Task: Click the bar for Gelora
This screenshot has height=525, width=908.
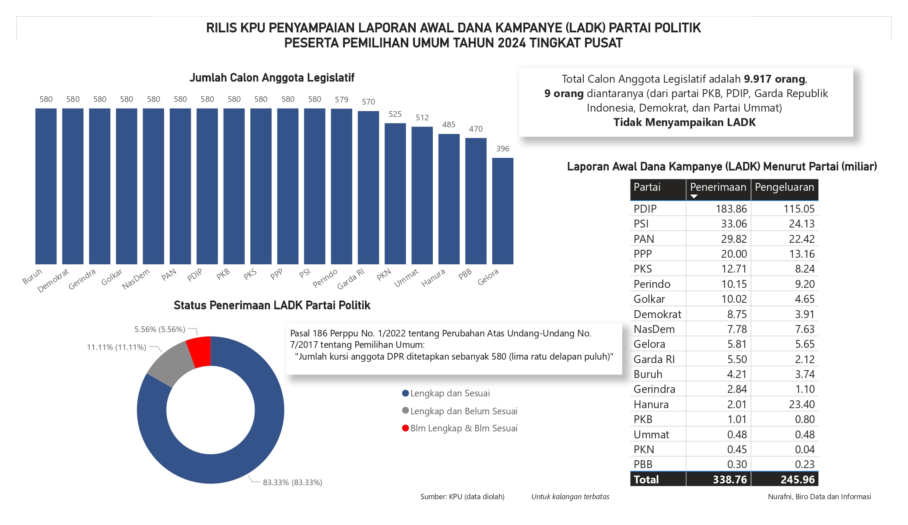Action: pos(502,211)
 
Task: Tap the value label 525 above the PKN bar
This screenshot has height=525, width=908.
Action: pos(395,114)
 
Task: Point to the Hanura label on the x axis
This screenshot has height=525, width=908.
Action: pos(433,278)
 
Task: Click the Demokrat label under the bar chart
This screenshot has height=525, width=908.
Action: pos(53,280)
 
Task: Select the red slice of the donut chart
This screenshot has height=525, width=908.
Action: pos(200,351)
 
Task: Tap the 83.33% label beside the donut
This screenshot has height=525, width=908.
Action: pos(292,482)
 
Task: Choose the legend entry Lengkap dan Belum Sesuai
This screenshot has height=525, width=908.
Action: pos(463,411)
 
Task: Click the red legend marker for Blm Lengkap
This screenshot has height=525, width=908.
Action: pos(405,428)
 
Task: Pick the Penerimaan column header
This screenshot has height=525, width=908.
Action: pos(718,187)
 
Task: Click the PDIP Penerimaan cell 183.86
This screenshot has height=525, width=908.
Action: pos(731,209)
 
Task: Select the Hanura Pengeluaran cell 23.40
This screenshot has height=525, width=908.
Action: pos(801,404)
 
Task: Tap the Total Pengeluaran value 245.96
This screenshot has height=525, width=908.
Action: pos(797,479)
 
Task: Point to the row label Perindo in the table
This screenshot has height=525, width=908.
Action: pos(652,284)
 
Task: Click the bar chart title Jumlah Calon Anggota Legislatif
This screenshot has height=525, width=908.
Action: pos(272,78)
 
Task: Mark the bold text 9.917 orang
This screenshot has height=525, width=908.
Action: pos(774,79)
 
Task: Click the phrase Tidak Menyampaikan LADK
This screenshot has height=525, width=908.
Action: pos(684,122)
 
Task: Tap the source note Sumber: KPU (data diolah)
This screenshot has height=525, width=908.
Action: pos(462,497)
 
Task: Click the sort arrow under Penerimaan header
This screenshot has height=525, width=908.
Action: pos(694,196)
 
